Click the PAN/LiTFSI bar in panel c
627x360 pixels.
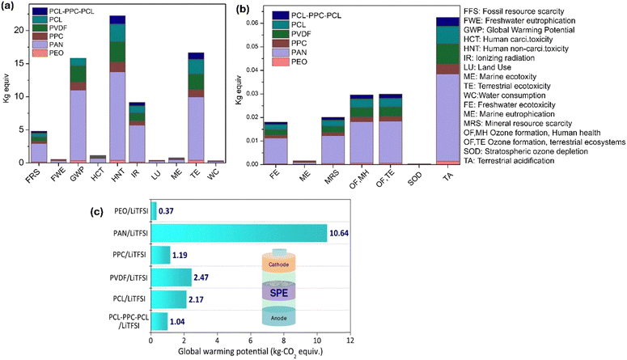[x=239, y=234]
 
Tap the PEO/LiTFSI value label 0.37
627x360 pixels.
[x=167, y=211]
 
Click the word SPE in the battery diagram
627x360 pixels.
[x=279, y=290]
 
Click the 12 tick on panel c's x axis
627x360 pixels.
[x=349, y=342]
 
